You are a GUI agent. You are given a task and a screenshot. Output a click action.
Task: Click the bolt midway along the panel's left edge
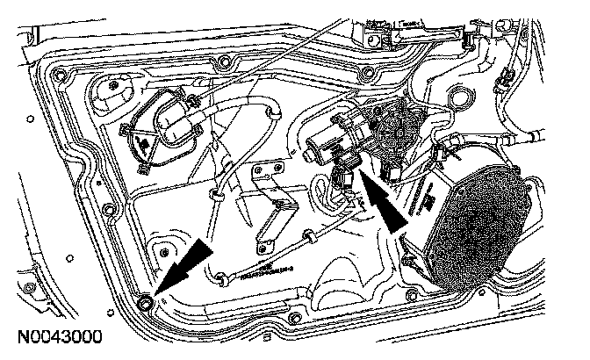pos(107,208)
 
